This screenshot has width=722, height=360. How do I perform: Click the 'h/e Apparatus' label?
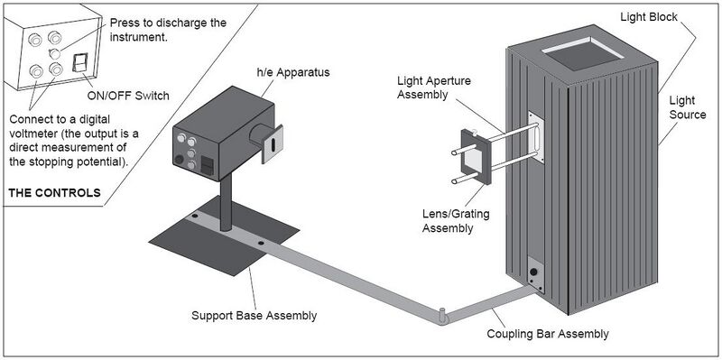point(292,73)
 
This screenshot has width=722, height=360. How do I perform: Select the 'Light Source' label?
point(688,107)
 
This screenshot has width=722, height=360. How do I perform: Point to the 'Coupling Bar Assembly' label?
point(548,334)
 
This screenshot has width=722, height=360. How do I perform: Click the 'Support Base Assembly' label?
point(255,316)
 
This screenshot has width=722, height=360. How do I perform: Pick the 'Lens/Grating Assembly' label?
point(456,220)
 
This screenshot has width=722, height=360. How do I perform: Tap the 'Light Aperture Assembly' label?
point(434,88)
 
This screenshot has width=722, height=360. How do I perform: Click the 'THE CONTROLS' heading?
point(54,192)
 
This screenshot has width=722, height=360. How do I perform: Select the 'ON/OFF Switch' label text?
point(128,96)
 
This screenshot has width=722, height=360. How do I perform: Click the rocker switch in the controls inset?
point(80,62)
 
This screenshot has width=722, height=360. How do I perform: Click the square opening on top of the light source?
point(582,54)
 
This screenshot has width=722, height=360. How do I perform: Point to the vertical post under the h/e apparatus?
point(227,203)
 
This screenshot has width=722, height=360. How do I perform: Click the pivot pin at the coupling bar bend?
point(441,316)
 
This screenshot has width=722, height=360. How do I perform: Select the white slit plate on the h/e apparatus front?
point(272,144)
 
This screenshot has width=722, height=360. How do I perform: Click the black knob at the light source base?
point(533,272)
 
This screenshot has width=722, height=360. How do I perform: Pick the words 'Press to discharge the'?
point(168,23)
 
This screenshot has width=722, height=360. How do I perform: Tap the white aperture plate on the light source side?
point(536,137)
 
